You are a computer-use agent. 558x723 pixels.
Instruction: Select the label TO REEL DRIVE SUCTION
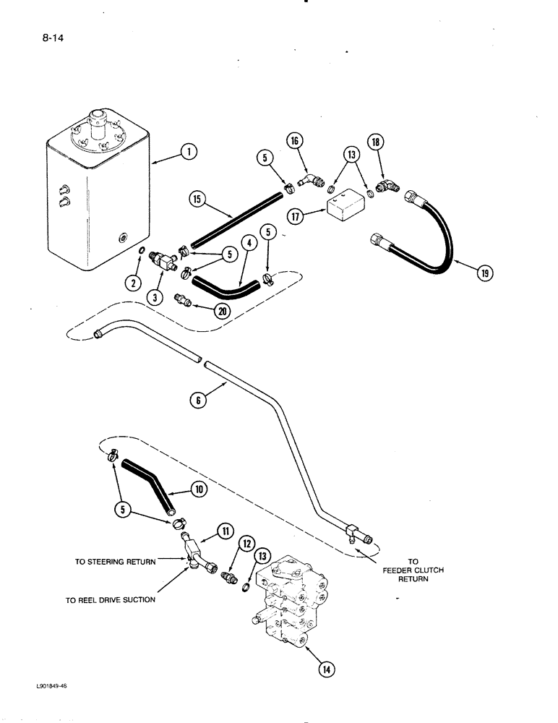tap(110, 599)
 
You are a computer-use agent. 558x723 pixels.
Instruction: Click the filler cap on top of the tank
tap(97, 117)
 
